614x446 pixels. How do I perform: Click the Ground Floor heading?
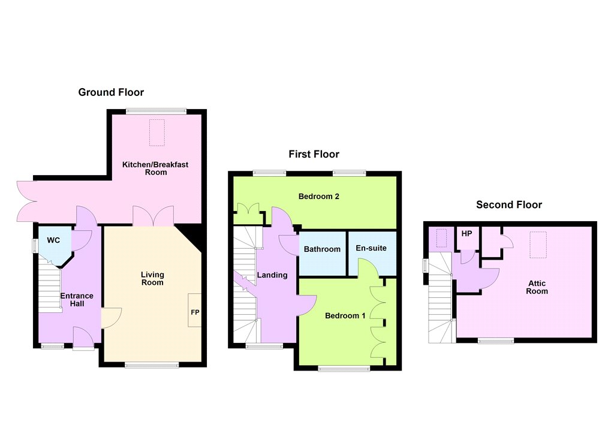tap(111, 92)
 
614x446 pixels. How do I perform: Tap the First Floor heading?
tap(314, 154)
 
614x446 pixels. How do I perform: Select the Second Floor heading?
tap(509, 205)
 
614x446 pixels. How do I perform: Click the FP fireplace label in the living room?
tap(195, 312)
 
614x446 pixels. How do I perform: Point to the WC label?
tap(53, 240)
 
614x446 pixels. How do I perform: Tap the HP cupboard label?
tap(466, 234)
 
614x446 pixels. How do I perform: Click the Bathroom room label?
tap(322, 249)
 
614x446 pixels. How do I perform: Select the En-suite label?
tap(371, 248)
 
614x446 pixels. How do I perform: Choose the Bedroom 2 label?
tap(319, 196)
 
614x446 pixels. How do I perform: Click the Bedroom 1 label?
tap(345, 315)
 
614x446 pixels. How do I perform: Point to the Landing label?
tap(272, 275)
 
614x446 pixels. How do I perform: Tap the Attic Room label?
tap(537, 287)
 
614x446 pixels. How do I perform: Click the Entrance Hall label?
tap(77, 300)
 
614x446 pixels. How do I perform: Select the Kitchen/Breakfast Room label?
tap(155, 168)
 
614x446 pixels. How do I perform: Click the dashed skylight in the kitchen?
tap(157, 132)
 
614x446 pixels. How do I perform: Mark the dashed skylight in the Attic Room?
tap(538, 245)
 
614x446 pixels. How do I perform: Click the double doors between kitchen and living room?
tap(153, 216)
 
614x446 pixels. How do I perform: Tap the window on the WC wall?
tap(34, 246)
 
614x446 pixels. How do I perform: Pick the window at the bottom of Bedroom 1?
tap(344, 368)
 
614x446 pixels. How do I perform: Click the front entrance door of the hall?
tap(83, 338)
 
